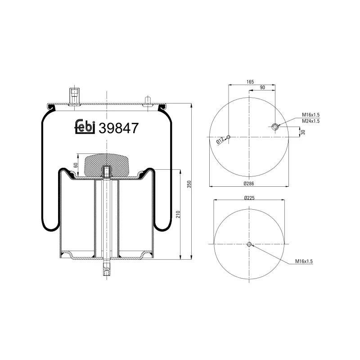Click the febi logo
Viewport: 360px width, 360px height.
(x=84, y=127)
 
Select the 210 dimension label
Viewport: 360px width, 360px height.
(x=178, y=214)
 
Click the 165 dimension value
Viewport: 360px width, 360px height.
(x=250, y=81)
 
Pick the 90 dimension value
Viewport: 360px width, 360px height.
(x=262, y=87)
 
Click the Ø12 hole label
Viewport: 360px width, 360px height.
(x=220, y=140)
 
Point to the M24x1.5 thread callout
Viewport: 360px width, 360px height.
(x=310, y=121)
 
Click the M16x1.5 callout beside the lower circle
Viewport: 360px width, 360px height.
(x=304, y=261)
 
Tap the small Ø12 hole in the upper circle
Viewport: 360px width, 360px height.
(x=229, y=137)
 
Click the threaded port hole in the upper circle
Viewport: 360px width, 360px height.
(x=275, y=127)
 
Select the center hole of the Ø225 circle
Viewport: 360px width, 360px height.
(x=249, y=244)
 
